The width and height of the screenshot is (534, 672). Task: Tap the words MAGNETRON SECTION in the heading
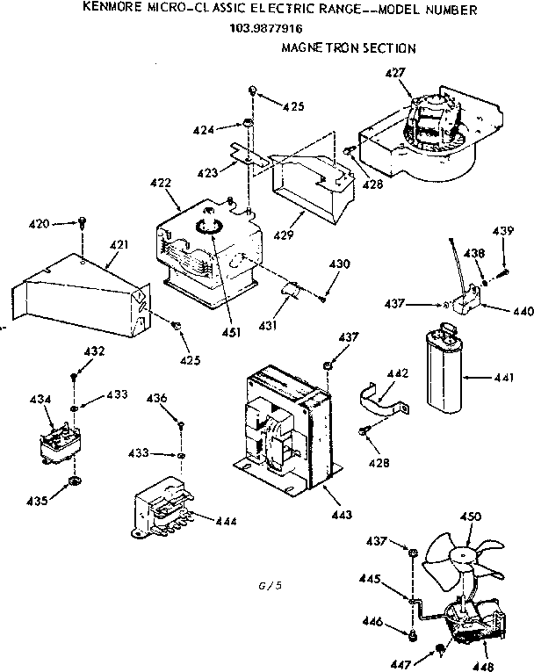[x=348, y=48]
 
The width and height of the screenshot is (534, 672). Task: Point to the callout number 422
[x=161, y=184]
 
